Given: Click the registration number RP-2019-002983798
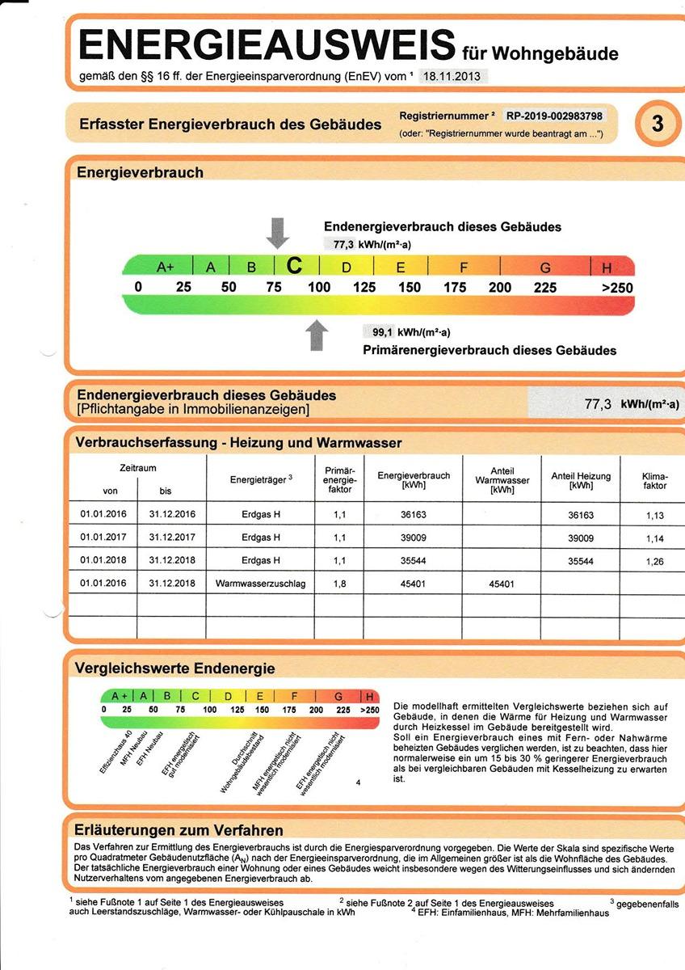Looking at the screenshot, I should coord(553,115).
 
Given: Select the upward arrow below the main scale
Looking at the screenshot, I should coord(317,335).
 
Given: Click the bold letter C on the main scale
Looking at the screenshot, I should coord(296,266).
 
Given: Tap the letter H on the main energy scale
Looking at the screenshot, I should coord(607,268).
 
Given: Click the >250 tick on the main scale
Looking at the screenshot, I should coord(617,288).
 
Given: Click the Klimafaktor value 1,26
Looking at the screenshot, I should coord(654,561).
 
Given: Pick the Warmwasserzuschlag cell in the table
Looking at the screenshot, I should coord(261,583).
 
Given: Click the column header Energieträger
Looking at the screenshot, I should coord(260,480).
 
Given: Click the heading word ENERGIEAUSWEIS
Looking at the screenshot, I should coord(267,44).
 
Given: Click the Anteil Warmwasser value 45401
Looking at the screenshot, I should coord(502,583).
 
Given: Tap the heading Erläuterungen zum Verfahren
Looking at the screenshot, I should coord(179,830).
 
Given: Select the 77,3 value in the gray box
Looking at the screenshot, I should coord(598,405).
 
